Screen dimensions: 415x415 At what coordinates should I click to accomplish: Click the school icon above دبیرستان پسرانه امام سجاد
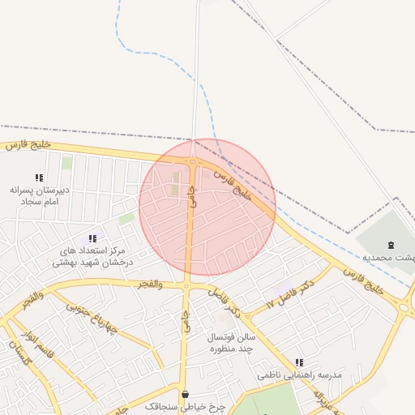pyautogui.click(x=39, y=178)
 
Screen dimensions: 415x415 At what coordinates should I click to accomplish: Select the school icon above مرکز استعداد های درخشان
pyautogui.click(x=92, y=238)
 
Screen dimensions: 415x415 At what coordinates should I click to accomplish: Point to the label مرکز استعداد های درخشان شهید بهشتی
pyautogui.click(x=87, y=256)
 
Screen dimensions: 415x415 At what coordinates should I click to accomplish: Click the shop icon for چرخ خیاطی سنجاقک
pyautogui.click(x=185, y=395)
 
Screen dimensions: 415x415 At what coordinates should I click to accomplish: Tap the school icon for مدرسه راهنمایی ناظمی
pyautogui.click(x=300, y=363)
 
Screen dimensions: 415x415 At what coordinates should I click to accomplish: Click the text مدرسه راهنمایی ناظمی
pyautogui.click(x=300, y=375)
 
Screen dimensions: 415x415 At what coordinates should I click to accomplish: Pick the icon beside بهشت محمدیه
pyautogui.click(x=391, y=245)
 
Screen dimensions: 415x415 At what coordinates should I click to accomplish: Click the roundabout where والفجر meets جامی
pyautogui.click(x=187, y=286)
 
